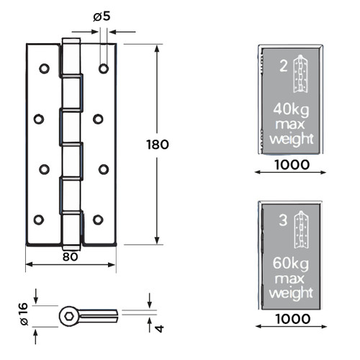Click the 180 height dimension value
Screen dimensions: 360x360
tap(157, 144)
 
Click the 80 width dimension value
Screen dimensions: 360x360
tap(70, 255)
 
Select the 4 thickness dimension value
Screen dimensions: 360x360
tap(160, 328)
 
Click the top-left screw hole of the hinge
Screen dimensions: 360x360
tap(44, 69)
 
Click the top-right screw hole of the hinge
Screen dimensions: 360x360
tap(104, 69)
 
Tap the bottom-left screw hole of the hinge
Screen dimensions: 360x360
tap(39, 219)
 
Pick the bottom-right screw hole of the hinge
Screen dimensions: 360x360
tap(98, 219)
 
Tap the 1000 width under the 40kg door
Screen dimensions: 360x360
tap(292, 164)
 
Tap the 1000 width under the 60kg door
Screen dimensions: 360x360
tap(292, 318)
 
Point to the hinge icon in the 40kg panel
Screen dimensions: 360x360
tap(302, 76)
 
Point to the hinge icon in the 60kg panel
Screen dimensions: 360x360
tap(302, 229)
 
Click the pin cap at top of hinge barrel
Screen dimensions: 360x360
tap(69, 41)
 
